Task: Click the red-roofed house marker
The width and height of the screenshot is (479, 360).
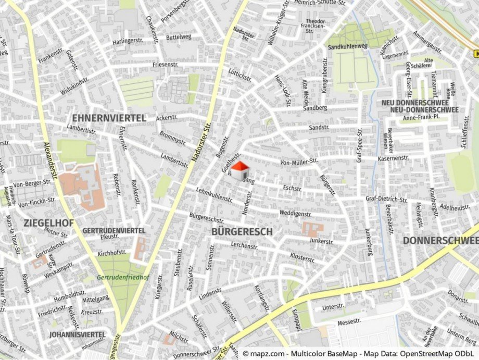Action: (240, 170)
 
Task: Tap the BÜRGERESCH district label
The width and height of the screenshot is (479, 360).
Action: (242, 231)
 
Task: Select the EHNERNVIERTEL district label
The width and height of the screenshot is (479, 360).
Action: (109, 118)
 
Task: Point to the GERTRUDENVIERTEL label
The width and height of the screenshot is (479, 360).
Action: (114, 230)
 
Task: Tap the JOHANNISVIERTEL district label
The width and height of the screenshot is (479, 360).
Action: (78, 334)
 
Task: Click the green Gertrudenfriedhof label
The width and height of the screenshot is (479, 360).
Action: (123, 277)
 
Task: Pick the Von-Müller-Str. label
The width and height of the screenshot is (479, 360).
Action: (298, 162)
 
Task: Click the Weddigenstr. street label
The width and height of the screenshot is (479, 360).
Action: (295, 214)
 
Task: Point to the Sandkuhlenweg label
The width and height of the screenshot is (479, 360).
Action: (347, 46)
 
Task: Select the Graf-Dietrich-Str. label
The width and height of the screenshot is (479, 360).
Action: (386, 199)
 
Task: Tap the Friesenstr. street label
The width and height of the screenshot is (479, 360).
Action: (166, 65)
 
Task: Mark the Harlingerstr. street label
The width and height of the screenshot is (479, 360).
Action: (128, 41)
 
